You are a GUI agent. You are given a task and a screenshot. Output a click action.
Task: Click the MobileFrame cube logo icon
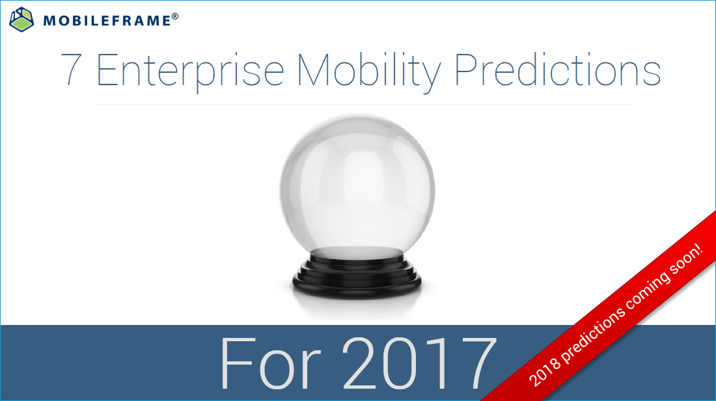point(21,19)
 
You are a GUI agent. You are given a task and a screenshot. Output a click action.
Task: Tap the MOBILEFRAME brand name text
point(107,21)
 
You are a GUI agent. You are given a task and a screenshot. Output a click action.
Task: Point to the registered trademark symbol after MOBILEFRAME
point(175,16)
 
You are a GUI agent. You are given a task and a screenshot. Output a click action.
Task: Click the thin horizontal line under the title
point(363,105)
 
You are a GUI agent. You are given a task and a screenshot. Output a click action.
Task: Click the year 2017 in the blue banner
point(417,364)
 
